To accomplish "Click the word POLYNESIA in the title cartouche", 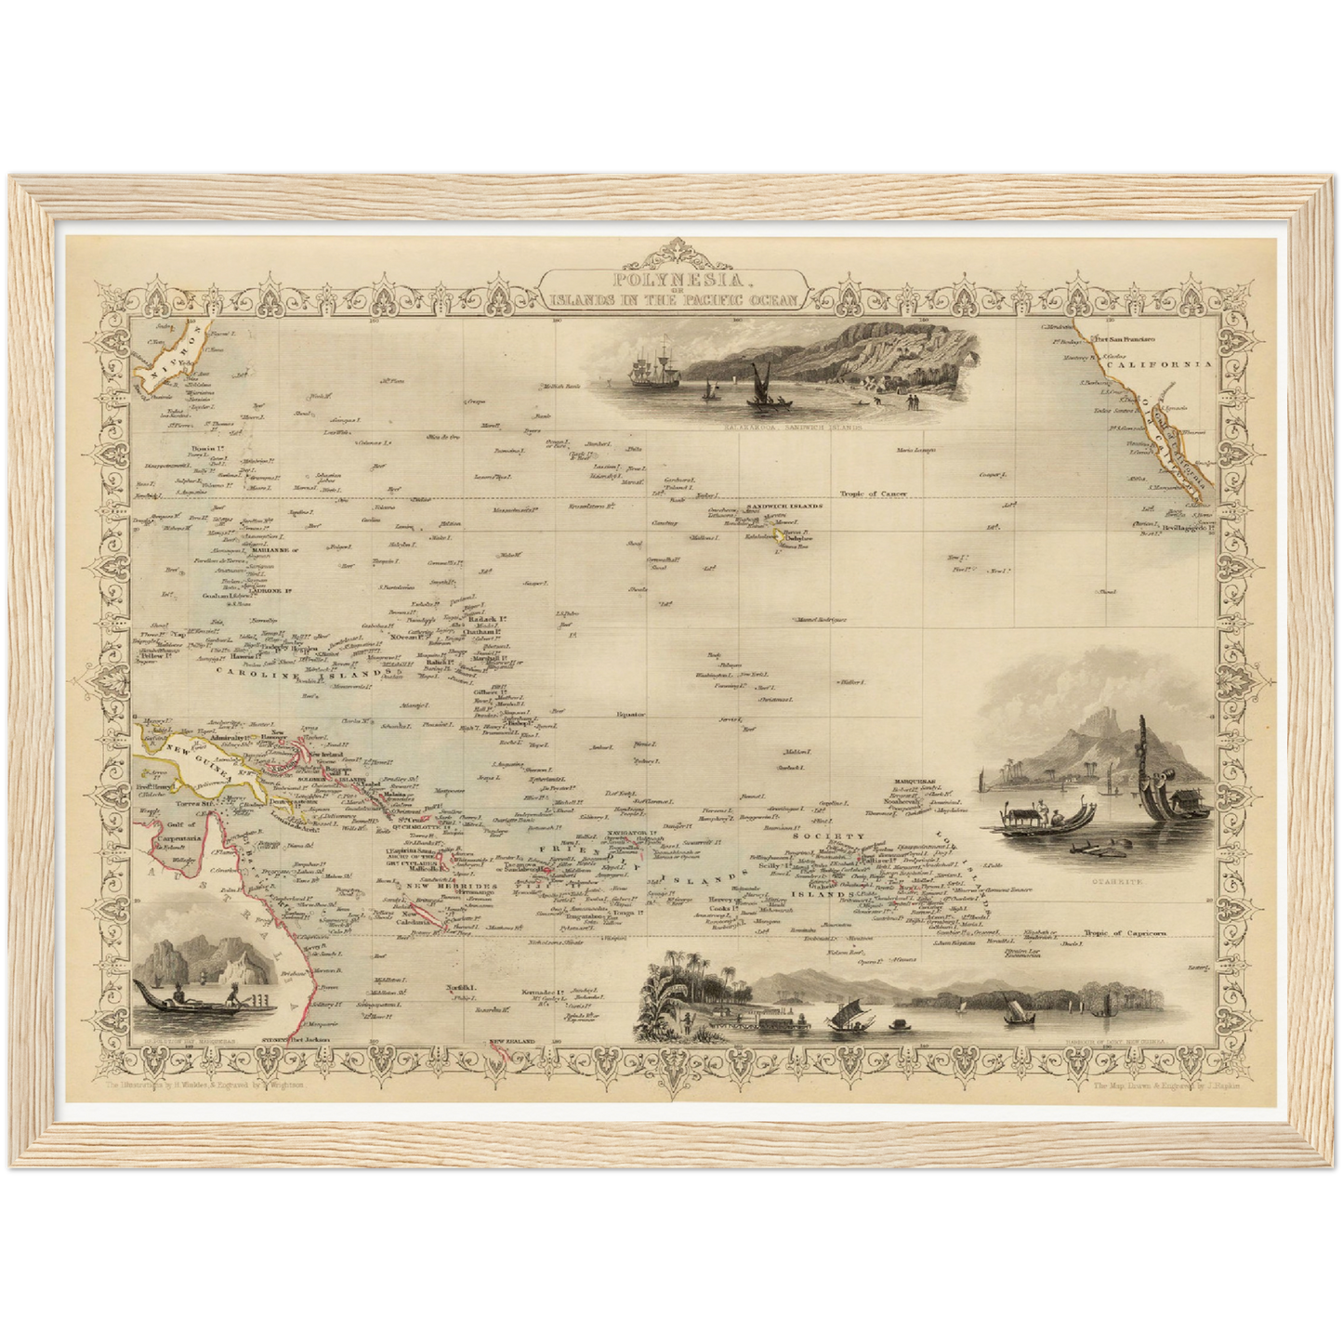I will tap(675, 278).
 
